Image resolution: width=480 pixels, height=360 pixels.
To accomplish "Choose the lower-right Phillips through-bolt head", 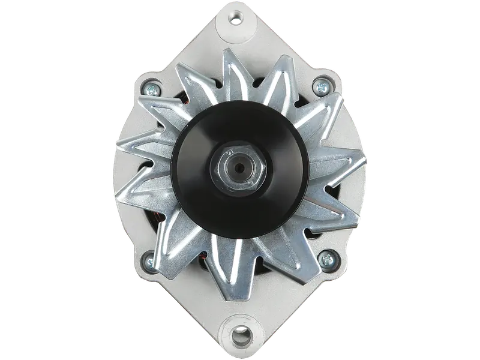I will click(328, 259).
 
